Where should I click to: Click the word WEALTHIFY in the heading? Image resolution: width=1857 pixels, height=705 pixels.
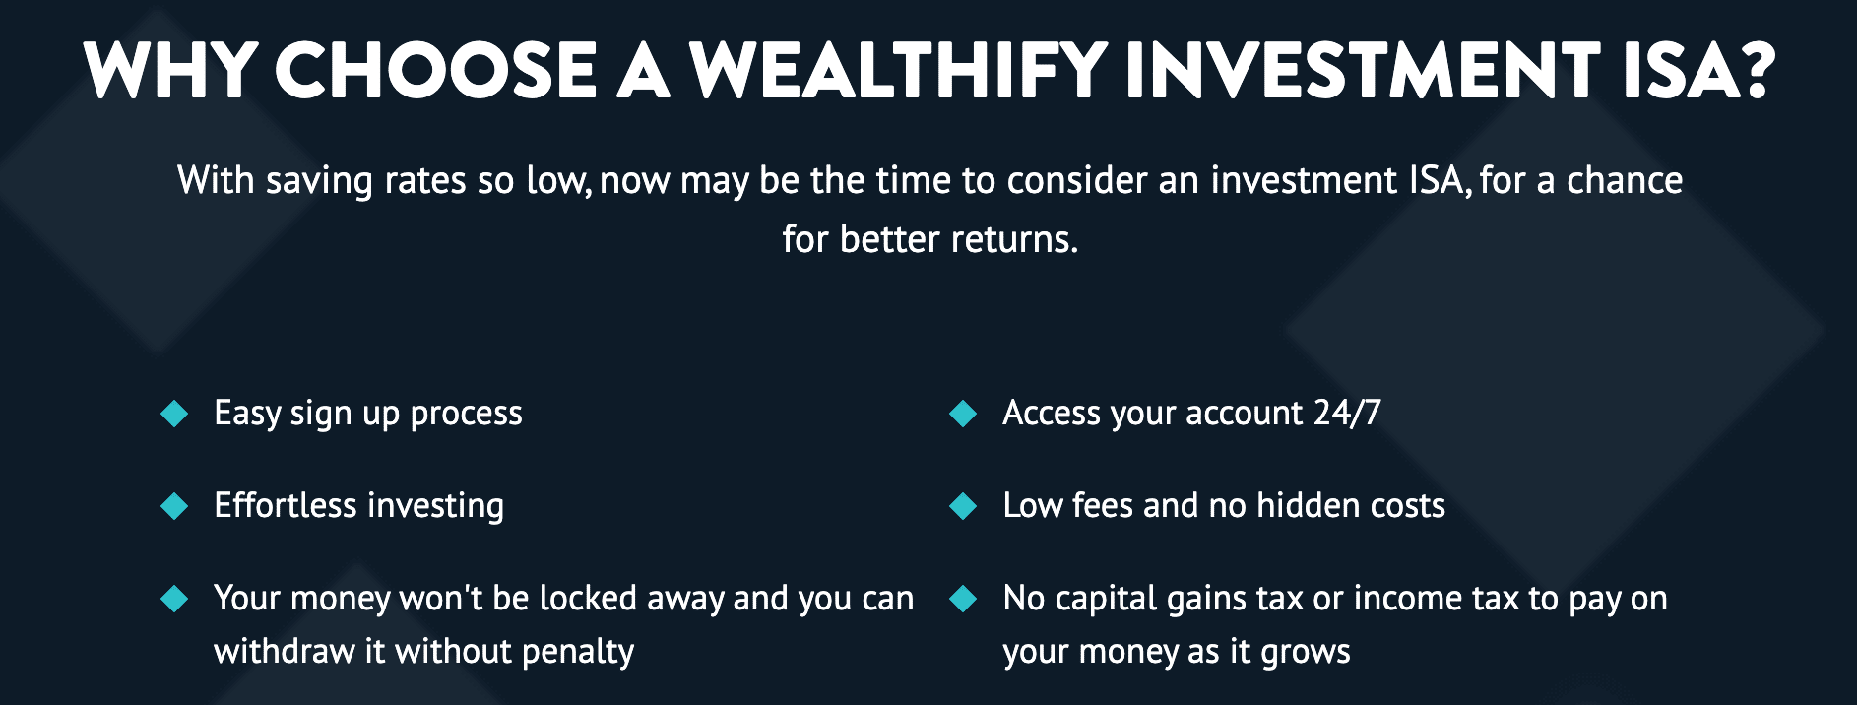pyautogui.click(x=899, y=70)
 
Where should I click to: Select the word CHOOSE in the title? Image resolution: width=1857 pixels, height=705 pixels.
pyautogui.click(x=435, y=70)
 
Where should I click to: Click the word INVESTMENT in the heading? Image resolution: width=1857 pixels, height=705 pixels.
pyautogui.click(x=1364, y=70)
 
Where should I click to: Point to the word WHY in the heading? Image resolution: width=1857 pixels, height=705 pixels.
pyautogui.click(x=171, y=70)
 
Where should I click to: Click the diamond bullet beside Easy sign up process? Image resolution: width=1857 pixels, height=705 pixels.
pyautogui.click(x=174, y=414)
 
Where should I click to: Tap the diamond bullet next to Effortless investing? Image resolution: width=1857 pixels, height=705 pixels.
pyautogui.click(x=174, y=506)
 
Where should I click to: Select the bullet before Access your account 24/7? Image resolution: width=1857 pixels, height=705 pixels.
pyautogui.click(x=963, y=414)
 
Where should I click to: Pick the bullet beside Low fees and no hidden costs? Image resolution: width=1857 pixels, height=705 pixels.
pyautogui.click(x=963, y=506)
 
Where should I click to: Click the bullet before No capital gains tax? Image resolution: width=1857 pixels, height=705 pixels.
pyautogui.click(x=963, y=599)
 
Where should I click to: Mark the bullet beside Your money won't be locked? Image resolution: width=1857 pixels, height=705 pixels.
pyautogui.click(x=174, y=599)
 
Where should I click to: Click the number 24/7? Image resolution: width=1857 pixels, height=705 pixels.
pyautogui.click(x=1347, y=413)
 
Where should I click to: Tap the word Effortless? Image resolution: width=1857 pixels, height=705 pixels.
pyautogui.click(x=286, y=505)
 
